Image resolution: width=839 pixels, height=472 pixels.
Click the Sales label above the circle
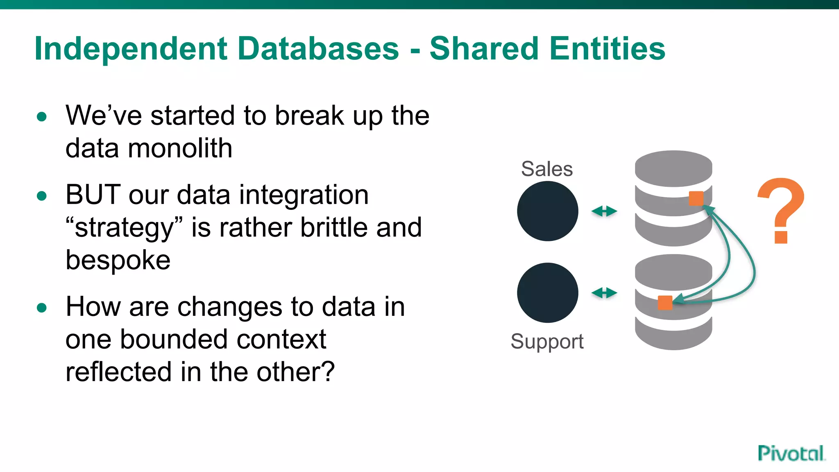pos(547,169)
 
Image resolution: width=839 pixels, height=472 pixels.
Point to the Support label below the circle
pos(547,342)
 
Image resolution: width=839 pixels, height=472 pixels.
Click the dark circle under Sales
pos(547,211)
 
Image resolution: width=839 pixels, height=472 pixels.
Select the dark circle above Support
pos(547,293)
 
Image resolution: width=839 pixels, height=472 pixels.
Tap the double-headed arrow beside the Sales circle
pos(604,211)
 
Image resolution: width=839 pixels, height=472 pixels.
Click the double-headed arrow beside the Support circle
pos(604,293)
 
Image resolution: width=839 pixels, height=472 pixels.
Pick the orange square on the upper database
pos(696,198)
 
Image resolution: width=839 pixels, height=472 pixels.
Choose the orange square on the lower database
pos(665,303)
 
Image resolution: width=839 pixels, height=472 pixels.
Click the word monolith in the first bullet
pos(180,148)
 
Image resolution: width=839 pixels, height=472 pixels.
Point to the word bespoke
pos(118,260)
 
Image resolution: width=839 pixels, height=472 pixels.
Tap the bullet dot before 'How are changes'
pos(41,307)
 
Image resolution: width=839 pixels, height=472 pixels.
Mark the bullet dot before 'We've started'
pos(41,117)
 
